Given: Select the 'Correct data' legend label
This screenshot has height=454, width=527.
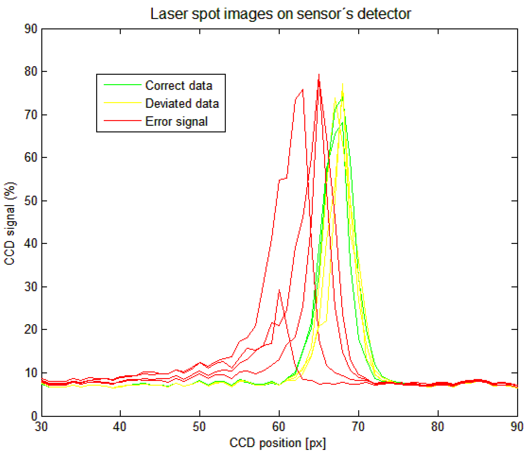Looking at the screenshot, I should click(179, 86).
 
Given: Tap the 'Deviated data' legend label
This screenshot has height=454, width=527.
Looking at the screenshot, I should click(182, 104).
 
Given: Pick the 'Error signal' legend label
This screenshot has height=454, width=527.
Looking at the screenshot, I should click(176, 121).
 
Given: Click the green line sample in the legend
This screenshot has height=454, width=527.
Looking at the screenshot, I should click(122, 85).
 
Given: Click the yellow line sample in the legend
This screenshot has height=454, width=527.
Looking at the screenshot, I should click(122, 103).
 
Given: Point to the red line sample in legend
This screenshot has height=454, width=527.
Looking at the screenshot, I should click(122, 120).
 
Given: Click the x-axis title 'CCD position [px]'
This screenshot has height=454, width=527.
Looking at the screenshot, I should click(278, 443).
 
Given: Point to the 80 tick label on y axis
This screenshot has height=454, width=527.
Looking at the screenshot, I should click(31, 72).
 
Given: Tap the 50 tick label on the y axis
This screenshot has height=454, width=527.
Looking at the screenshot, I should click(31, 201).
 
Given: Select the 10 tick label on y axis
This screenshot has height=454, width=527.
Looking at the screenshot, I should click(31, 373).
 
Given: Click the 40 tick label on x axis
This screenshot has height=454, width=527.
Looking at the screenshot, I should click(120, 427).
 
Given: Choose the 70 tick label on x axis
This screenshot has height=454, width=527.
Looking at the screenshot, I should click(358, 427).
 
